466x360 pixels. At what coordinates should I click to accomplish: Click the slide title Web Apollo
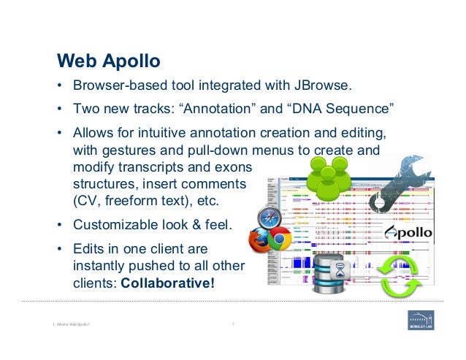109,59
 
